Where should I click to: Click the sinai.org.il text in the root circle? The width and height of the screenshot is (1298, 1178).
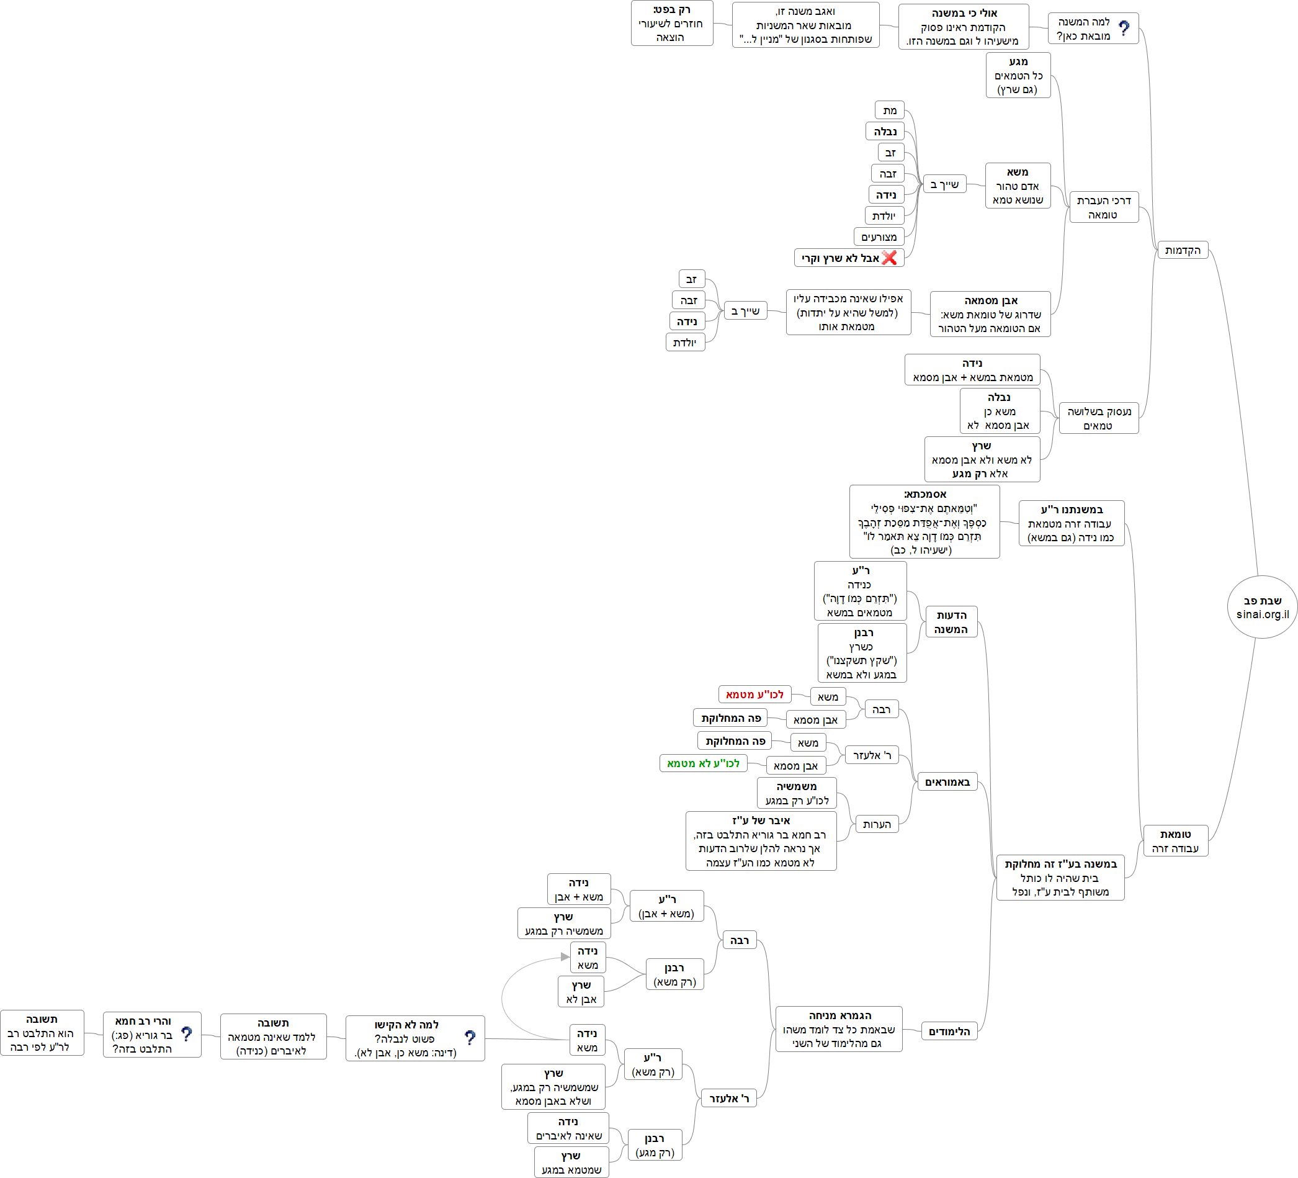pos(1262,614)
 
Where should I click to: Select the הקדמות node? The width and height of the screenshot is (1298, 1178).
pos(1182,250)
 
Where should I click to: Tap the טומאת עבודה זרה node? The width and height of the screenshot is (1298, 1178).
pos(1175,840)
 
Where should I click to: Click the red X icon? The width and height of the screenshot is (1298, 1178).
pos(889,258)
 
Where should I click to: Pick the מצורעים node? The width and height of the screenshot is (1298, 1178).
pos(879,237)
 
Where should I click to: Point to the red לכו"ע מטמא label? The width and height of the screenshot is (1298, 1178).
pos(754,695)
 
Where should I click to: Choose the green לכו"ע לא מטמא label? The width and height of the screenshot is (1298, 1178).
pos(703,763)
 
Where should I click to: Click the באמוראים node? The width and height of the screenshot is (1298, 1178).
pos(947,782)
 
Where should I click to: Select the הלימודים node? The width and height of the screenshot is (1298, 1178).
pos(949,1031)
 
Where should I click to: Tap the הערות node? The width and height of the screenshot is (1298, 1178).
pos(877,824)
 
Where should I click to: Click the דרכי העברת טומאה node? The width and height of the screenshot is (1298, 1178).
pos(1104,207)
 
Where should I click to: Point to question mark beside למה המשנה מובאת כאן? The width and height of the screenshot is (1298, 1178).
pos(1124,29)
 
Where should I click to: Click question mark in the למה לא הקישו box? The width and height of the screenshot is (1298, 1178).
pos(470,1038)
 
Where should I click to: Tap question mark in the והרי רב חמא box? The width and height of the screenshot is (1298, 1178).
pos(187,1035)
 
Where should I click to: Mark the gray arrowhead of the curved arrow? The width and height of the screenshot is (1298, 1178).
pos(565,956)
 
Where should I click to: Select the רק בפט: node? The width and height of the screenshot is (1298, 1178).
pos(671,23)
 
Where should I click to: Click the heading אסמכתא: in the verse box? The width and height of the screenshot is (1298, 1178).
pos(924,494)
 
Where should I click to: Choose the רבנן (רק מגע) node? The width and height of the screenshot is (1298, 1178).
pos(655,1145)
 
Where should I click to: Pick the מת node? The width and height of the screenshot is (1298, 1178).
pos(890,110)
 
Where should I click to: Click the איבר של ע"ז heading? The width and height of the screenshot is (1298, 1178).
pos(761,821)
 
